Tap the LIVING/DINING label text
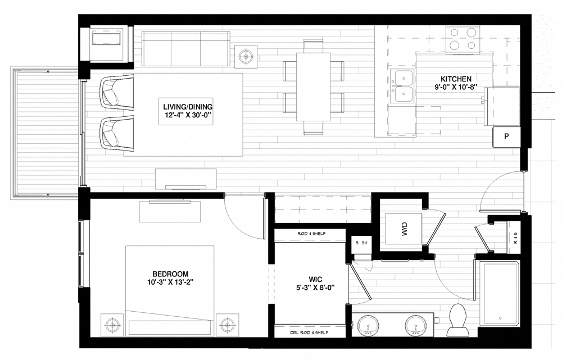[180, 107]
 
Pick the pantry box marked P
[506, 136]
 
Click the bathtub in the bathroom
[499, 295]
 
